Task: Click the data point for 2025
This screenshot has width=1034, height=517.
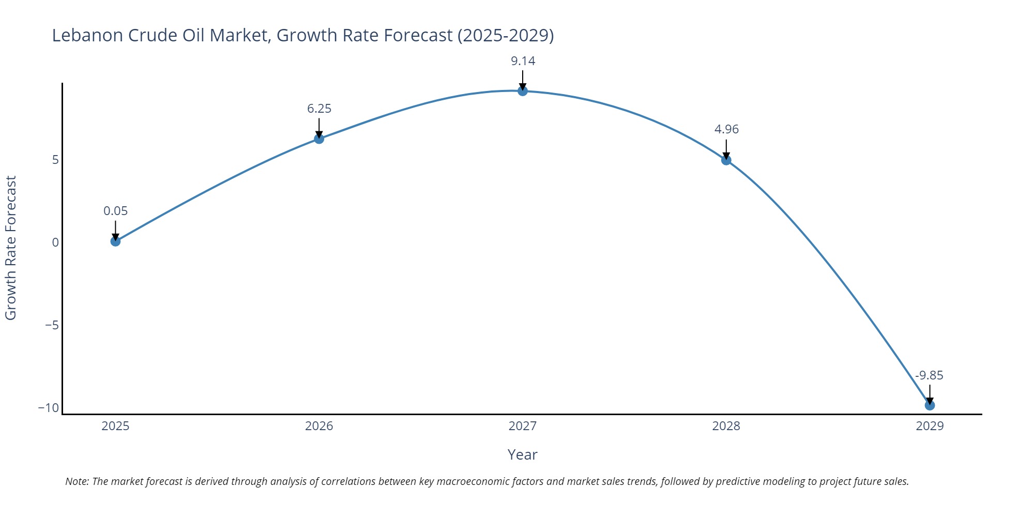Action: [x=115, y=241]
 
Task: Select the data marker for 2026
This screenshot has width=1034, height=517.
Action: [x=319, y=139]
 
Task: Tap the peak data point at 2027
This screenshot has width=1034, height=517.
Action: [x=523, y=91]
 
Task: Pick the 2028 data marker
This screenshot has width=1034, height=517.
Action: [x=726, y=160]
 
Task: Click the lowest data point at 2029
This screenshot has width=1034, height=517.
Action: [x=930, y=405]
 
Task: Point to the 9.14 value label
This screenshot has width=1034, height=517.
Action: [x=523, y=61]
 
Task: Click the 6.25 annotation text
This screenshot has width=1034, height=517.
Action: [x=319, y=109]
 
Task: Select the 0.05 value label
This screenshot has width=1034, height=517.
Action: [x=115, y=211]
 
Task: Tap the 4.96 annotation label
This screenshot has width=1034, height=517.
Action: [x=726, y=129]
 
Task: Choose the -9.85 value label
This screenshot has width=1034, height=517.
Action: [x=929, y=375]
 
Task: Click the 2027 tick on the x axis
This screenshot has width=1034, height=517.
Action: [x=523, y=426]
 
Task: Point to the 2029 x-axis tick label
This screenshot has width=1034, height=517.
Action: [x=930, y=426]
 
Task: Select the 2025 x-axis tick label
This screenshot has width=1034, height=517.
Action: [x=115, y=426]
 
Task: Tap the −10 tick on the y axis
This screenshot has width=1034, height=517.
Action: [x=49, y=407]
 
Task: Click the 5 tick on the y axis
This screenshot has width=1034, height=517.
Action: [x=55, y=160]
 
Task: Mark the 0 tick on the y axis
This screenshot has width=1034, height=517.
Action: [x=55, y=242]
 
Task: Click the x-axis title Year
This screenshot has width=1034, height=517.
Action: [x=522, y=454]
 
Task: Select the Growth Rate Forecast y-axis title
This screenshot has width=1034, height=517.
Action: [x=11, y=248]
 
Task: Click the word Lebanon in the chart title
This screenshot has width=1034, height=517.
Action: [x=87, y=35]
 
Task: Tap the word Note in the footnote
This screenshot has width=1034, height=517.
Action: [x=77, y=481]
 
